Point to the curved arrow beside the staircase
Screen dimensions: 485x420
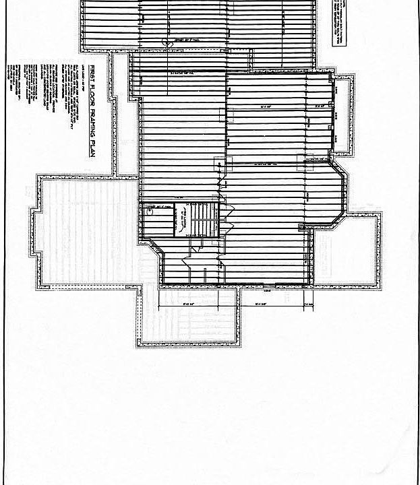[183, 220]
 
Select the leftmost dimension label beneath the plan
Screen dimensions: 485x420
[189, 304]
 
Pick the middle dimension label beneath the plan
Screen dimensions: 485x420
[263, 304]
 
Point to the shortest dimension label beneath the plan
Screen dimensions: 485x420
[309, 304]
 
